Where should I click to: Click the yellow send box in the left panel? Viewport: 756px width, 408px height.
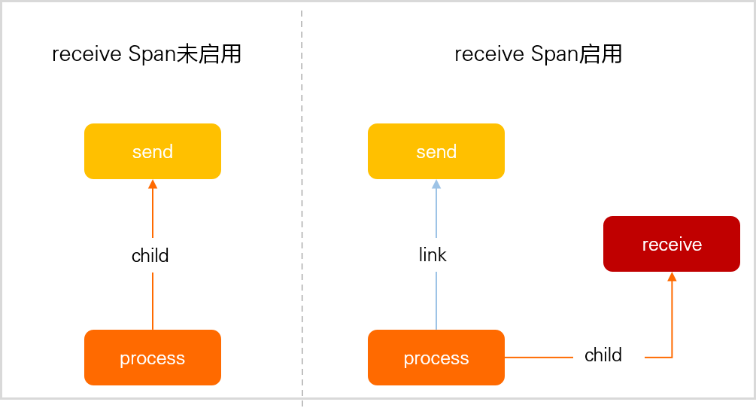pyautogui.click(x=153, y=151)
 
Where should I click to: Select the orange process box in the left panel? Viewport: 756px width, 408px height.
pyautogui.click(x=153, y=358)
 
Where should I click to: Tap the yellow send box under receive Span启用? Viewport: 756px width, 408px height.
pyautogui.click(x=436, y=151)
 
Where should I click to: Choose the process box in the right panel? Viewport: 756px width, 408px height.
pyautogui.click(x=436, y=358)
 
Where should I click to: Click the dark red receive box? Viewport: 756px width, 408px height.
pyautogui.click(x=672, y=244)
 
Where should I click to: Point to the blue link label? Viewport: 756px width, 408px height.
pyautogui.click(x=433, y=255)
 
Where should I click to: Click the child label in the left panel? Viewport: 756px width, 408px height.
pyautogui.click(x=150, y=256)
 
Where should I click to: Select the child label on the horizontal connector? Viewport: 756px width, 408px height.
pyautogui.click(x=603, y=355)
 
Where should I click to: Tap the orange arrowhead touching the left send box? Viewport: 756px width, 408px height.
pyautogui.click(x=153, y=184)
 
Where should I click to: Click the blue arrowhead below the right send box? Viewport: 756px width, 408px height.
pyautogui.click(x=436, y=184)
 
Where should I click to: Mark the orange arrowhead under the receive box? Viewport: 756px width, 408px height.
pyautogui.click(x=672, y=276)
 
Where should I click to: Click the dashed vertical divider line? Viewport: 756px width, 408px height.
pyautogui.click(x=302, y=203)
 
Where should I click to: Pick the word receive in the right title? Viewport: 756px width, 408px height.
pyautogui.click(x=489, y=55)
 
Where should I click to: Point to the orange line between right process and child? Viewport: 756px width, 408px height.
pyautogui.click(x=538, y=357)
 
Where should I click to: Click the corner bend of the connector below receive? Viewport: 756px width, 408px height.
pyautogui.click(x=672, y=357)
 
